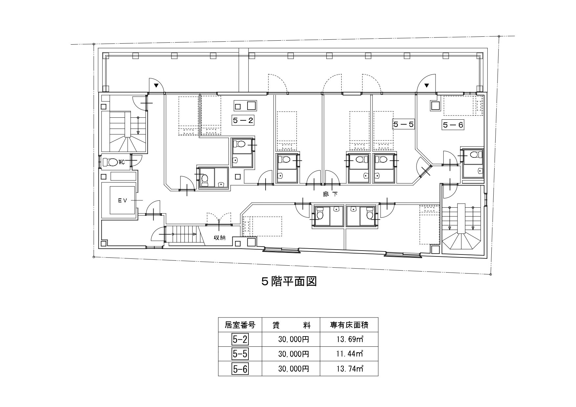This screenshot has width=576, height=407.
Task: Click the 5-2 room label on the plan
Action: click(243, 121)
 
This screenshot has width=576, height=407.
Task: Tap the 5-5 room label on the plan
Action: click(403, 124)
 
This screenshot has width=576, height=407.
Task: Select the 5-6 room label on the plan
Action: click(453, 125)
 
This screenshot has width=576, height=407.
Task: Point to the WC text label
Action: click(121, 162)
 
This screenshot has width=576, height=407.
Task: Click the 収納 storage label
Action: click(220, 238)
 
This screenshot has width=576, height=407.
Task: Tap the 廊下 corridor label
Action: click(331, 194)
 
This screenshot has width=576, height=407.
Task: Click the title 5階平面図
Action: click(289, 282)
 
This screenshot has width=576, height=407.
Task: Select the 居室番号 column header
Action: click(240, 325)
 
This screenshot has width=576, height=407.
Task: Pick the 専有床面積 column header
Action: click(349, 325)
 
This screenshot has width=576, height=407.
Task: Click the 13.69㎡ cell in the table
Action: click(349, 339)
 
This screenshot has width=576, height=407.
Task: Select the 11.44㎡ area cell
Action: click(349, 354)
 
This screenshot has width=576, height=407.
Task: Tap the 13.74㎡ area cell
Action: click(349, 369)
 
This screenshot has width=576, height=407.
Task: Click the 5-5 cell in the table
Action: click(240, 354)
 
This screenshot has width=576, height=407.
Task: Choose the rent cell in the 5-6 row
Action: click(294, 369)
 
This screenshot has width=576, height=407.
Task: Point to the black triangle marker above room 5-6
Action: click(427, 86)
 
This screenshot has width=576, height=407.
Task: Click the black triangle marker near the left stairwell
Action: click(157, 86)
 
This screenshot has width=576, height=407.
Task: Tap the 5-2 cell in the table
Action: click(240, 339)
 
